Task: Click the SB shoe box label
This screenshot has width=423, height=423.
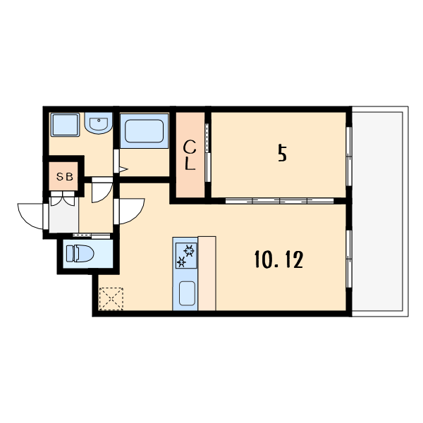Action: pos(64,178)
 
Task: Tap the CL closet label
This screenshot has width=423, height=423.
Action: pos(190,156)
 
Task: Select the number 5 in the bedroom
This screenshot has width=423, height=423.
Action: pos(282,153)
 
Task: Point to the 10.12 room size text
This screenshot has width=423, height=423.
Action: pos(278,261)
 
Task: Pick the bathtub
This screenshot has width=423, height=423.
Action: pos(144,131)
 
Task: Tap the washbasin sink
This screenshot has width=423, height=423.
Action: pos(98,125)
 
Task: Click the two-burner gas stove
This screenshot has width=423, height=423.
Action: pos(186,255)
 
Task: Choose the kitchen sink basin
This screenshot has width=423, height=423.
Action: pos(186,292)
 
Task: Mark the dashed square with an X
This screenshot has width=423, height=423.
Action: pos(111,298)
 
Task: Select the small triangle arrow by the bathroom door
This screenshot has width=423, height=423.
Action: pos(122,169)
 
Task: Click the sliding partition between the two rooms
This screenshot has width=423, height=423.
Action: pos(278,201)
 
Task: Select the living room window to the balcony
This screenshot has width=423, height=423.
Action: pos(348,257)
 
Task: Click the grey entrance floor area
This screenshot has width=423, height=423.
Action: pos(63,219)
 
